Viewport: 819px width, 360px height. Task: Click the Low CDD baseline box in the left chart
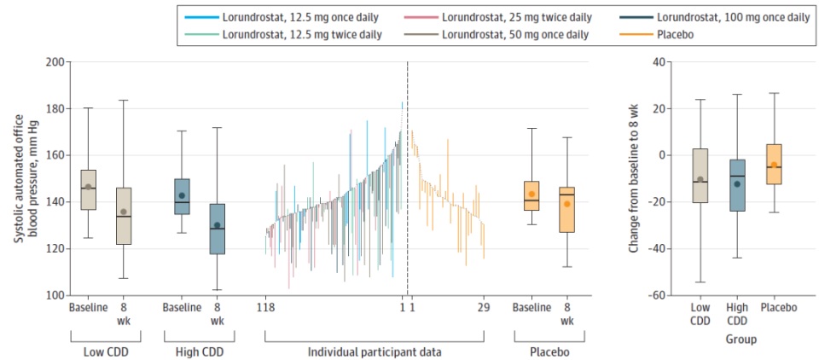pos(89,189)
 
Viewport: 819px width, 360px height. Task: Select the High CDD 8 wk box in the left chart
pos(217,229)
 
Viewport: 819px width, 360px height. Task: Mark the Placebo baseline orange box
pos(531,195)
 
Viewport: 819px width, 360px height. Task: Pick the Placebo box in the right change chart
pos(775,164)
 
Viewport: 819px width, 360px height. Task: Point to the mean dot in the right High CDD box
pos(737,183)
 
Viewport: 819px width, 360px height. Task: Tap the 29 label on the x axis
pos(483,308)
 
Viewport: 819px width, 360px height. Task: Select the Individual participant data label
pos(375,351)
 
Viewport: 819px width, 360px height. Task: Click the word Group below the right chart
pos(737,339)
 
